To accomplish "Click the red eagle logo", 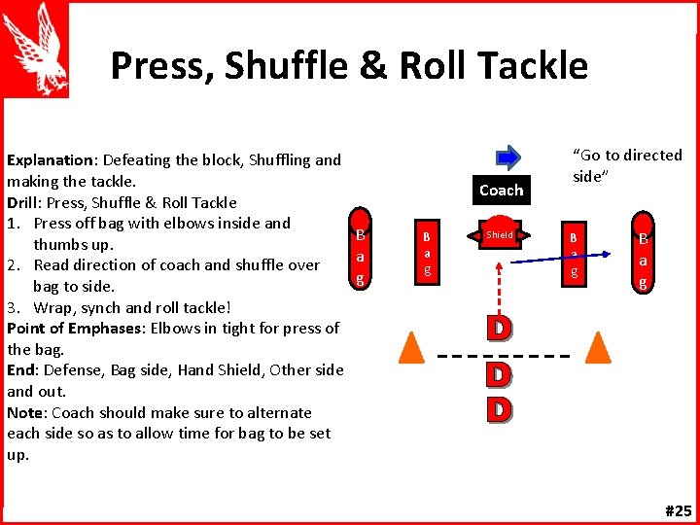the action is click(x=36, y=49).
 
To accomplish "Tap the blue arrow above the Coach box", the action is click(x=508, y=157).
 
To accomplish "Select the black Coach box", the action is click(x=501, y=190).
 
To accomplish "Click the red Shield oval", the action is click(x=500, y=235).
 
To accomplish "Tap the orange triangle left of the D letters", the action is click(x=412, y=348).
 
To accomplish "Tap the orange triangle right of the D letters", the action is click(x=597, y=348).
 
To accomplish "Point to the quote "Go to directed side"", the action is click(x=627, y=164).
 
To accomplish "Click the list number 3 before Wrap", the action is click(x=13, y=307).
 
